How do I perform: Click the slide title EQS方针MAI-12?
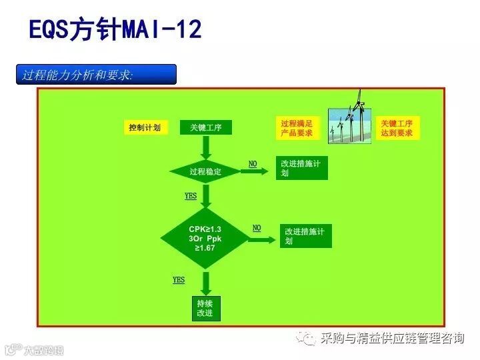pyautogui.click(x=115, y=30)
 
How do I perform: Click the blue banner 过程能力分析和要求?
pyautogui.click(x=96, y=75)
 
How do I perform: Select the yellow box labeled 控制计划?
pyautogui.click(x=145, y=127)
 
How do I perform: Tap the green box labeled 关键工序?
pyautogui.click(x=205, y=127)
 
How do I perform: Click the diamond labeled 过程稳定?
pyautogui.click(x=205, y=171)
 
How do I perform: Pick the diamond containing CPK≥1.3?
pyautogui.click(x=205, y=238)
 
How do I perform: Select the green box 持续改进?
pyautogui.click(x=205, y=309)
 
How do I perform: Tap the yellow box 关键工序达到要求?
pyautogui.click(x=397, y=129)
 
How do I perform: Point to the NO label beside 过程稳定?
pyautogui.click(x=253, y=164)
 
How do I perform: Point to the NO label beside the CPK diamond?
pyautogui.click(x=257, y=229)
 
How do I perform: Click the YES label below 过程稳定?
pyautogui.click(x=191, y=196)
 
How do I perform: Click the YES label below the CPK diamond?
pyautogui.click(x=179, y=280)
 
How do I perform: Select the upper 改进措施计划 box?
pyautogui.click(x=302, y=169)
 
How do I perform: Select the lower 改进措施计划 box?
pyautogui.click(x=306, y=236)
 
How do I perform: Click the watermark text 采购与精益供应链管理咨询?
pyautogui.click(x=392, y=339)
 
